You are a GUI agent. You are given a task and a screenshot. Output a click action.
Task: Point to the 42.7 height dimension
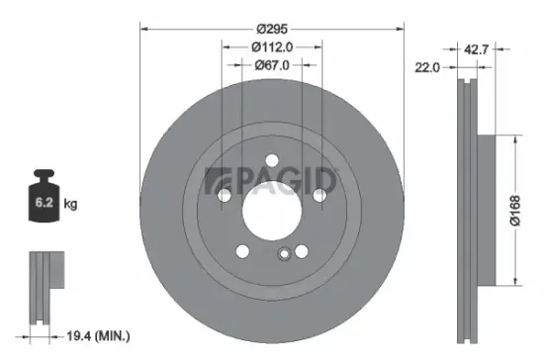click(478, 47)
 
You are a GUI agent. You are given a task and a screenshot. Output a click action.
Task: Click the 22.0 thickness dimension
click(428, 67)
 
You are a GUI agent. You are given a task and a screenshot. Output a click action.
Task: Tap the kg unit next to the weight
click(71, 204)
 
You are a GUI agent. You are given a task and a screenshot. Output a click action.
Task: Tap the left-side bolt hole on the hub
click(225, 196)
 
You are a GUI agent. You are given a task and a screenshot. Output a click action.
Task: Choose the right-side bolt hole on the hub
click(318, 196)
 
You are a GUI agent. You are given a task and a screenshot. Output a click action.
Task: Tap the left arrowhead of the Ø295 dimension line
click(141, 27)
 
